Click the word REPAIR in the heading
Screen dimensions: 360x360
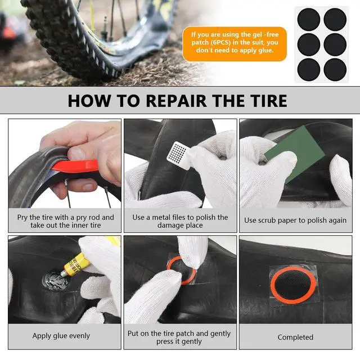click(x=176, y=101)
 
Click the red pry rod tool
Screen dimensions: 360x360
click(x=76, y=166)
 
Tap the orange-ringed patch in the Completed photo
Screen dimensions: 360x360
click(x=294, y=283)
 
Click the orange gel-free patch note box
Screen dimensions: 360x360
click(x=235, y=44)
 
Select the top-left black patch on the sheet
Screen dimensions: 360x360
click(x=309, y=19)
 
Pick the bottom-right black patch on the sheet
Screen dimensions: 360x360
click(x=335, y=70)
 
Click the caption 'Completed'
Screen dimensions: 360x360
click(x=295, y=337)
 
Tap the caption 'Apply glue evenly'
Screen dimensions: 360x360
click(x=61, y=336)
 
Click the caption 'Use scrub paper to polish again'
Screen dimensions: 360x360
click(x=295, y=220)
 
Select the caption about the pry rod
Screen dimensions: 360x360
click(x=65, y=221)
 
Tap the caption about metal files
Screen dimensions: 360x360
click(x=180, y=221)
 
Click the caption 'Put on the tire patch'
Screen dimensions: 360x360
click(x=179, y=337)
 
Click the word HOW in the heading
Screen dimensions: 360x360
click(x=89, y=101)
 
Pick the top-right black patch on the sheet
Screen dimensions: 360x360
click(x=335, y=19)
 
